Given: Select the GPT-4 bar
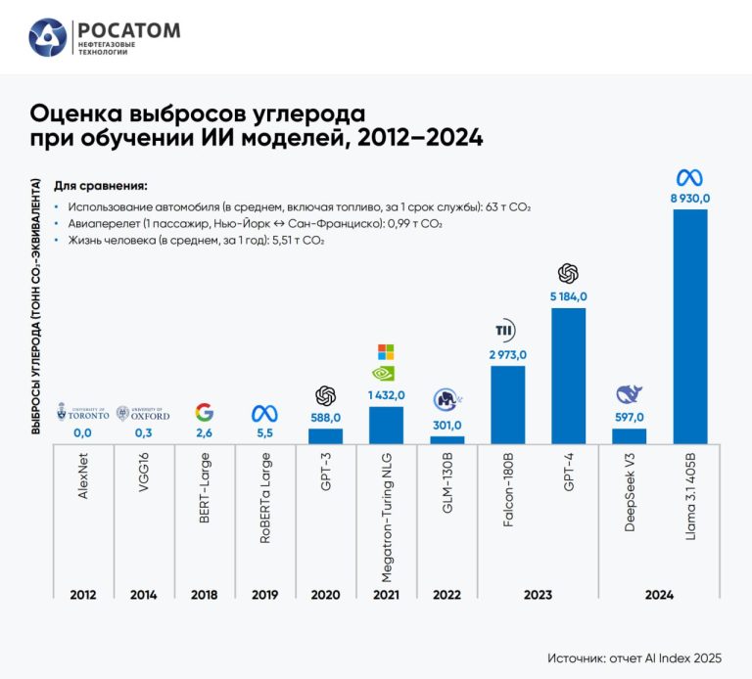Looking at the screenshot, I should pos(568,376).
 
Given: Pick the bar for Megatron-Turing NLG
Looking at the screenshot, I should pos(386,425).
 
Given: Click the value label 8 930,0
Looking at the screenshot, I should pos(689,199).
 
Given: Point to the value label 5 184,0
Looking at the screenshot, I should pos(568,296).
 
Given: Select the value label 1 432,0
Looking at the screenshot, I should pos(386,395).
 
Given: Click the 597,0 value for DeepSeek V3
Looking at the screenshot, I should pos(629,417).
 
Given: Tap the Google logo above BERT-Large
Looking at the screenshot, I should pos(204,412).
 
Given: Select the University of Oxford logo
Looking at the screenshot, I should pos(143,413).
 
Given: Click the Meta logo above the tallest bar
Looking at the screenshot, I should pos(689,177).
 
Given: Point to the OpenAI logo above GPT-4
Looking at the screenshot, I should pos(568,273).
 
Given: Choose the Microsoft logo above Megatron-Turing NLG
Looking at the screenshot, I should pos(386,351).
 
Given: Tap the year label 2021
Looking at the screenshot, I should pos(386,594).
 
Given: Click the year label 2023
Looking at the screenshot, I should pos(538,594).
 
